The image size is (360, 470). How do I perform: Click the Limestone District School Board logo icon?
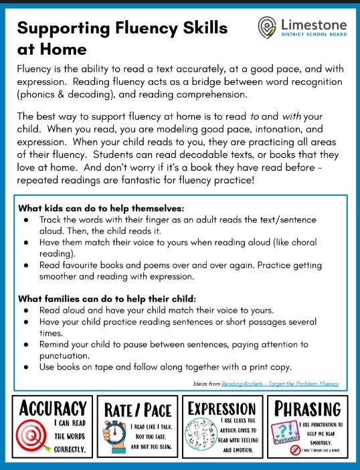pyautogui.click(x=268, y=27)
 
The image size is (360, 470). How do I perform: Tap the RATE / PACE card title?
pyautogui.click(x=137, y=410)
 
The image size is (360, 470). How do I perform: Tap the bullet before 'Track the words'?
pyautogui.click(x=25, y=219)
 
